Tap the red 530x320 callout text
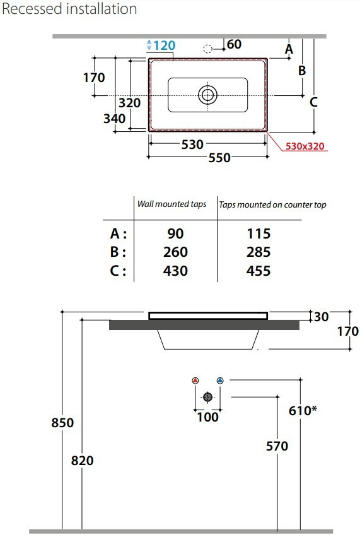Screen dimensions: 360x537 305,146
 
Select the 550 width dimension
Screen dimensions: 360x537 219,158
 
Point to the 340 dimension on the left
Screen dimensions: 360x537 114,119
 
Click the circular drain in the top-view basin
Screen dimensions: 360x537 207,95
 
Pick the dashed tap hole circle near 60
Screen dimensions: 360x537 207,49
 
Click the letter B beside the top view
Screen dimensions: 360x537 301,71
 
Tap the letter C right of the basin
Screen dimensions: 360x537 313,102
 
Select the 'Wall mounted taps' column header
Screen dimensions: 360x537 171,204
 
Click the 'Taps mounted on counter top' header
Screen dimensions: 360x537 272,205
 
